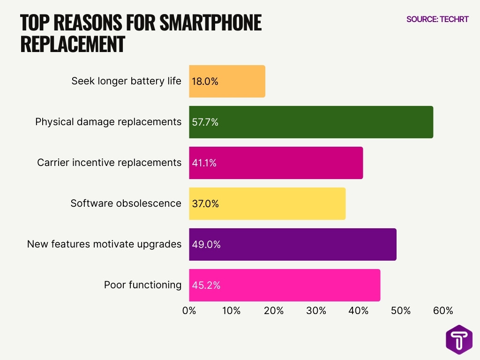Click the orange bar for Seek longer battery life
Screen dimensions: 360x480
coord(227,81)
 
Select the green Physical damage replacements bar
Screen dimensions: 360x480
coord(311,122)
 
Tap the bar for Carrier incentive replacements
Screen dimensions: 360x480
coord(276,163)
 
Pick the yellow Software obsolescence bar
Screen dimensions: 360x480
coord(267,203)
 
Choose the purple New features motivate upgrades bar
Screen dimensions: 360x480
coord(292,244)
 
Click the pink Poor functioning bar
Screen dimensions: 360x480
coord(285,285)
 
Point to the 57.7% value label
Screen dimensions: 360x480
coord(205,122)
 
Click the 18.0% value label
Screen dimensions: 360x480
coord(205,81)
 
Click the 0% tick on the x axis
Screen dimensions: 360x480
coord(189,311)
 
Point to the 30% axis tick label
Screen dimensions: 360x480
coord(316,311)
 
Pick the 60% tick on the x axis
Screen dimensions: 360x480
coord(443,311)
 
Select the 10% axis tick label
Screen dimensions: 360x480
coord(232,311)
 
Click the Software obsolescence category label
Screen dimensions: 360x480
coord(126,203)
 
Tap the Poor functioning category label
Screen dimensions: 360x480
coord(142,285)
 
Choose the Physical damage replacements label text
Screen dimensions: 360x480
coord(108,122)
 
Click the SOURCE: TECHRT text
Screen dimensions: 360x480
coord(437,19)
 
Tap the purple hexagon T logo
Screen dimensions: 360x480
coord(459,339)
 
